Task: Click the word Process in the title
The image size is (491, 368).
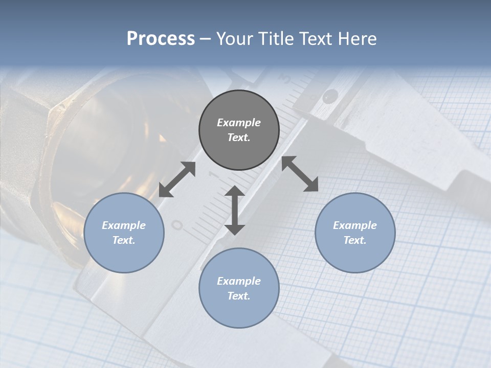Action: point(161,39)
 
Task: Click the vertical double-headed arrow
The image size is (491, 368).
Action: point(235,210)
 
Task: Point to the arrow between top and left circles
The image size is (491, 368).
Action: point(177,179)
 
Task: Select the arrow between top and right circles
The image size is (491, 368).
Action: point(300,174)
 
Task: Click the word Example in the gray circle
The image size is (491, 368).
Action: point(239,123)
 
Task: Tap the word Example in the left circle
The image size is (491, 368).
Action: point(124,225)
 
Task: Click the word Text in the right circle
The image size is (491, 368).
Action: point(355,240)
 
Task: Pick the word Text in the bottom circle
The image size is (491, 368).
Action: point(239,296)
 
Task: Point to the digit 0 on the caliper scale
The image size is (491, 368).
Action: point(177,225)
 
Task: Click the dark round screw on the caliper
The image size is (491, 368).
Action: point(331,95)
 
